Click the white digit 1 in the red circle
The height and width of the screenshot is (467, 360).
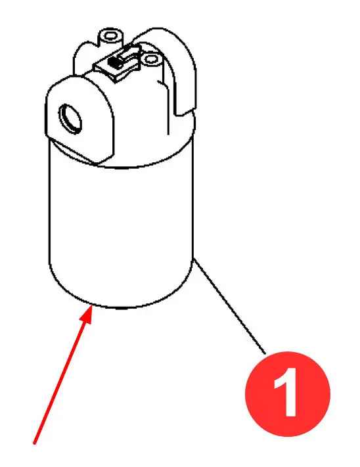pyautogui.click(x=286, y=393)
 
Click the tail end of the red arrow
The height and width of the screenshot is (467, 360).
pyautogui.click(x=34, y=443)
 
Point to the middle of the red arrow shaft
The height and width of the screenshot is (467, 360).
pyautogui.click(x=62, y=374)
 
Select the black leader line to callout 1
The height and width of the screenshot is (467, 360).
pyautogui.click(x=229, y=307)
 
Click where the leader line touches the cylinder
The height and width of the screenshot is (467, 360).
pyautogui.click(x=194, y=259)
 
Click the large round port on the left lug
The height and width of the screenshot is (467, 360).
pyautogui.click(x=70, y=118)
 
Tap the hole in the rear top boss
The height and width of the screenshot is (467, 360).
pyautogui.click(x=111, y=37)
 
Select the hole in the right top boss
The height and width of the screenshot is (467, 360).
pyautogui.click(x=151, y=58)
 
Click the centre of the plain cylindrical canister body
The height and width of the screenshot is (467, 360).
pyautogui.click(x=121, y=233)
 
